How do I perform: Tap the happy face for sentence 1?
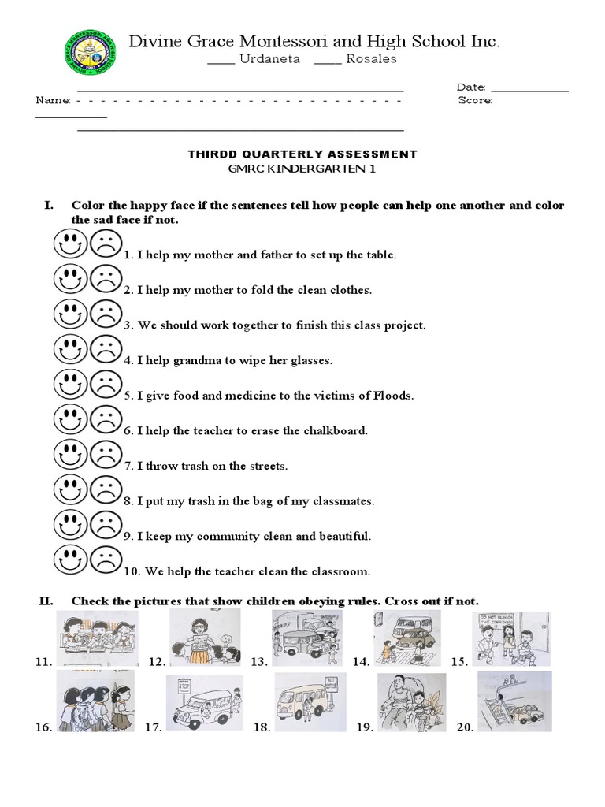click(x=70, y=244)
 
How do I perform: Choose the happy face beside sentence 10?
click(x=70, y=560)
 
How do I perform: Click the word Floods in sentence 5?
click(x=395, y=396)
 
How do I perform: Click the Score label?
click(x=475, y=101)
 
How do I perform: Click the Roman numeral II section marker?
click(x=46, y=601)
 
